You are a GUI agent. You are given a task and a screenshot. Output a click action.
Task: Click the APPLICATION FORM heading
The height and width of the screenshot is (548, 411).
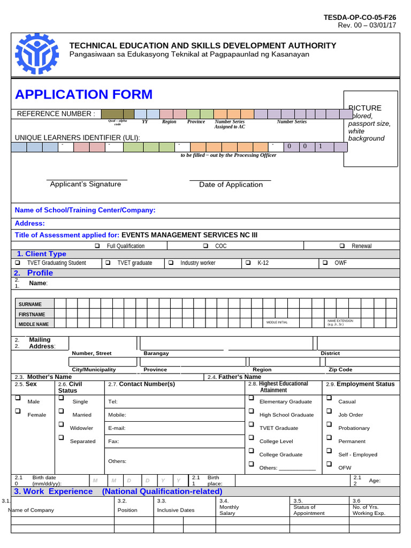tap(83, 95)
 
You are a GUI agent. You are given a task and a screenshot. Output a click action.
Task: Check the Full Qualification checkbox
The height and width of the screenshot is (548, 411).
tap(97, 246)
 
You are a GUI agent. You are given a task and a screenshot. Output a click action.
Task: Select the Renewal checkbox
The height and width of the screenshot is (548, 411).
tap(342, 246)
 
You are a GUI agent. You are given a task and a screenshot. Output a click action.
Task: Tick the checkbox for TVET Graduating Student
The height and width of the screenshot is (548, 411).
tap(18, 263)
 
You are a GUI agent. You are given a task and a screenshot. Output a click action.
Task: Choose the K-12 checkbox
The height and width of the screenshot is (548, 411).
tap(248, 263)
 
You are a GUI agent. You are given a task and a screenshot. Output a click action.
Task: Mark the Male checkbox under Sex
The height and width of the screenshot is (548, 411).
tap(18, 398)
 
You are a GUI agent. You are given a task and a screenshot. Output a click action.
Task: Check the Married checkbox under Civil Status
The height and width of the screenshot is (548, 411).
tap(61, 412)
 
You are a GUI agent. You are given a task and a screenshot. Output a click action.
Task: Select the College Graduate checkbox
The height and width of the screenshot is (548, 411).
tap(251, 451)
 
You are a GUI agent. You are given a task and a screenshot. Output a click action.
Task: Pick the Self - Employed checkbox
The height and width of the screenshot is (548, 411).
tap(329, 451)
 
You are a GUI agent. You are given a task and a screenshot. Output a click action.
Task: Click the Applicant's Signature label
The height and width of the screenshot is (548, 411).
tap(86, 184)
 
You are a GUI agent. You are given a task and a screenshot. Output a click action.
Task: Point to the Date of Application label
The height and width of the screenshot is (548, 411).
tap(231, 185)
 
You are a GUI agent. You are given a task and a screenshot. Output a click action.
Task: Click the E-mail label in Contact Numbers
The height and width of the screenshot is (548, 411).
tap(116, 428)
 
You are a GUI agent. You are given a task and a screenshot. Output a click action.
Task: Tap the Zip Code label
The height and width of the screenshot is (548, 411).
tap(340, 370)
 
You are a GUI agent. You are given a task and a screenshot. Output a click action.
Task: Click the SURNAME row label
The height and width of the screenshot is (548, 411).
tap(30, 305)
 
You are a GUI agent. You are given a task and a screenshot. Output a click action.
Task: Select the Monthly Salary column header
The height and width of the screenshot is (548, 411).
tap(229, 507)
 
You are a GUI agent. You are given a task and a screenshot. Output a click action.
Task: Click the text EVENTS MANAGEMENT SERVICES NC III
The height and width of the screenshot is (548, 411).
tap(193, 235)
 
